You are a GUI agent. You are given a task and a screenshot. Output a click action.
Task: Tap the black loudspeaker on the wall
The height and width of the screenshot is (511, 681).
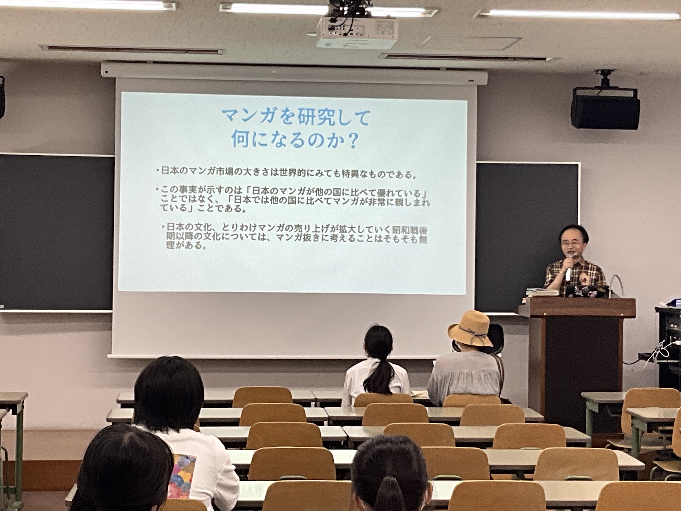(x=605, y=108)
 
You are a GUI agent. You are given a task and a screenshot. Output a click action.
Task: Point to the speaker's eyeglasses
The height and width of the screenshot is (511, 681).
(x=570, y=244)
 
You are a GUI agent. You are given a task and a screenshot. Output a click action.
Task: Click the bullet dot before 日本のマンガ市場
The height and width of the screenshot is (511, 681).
(x=158, y=171)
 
